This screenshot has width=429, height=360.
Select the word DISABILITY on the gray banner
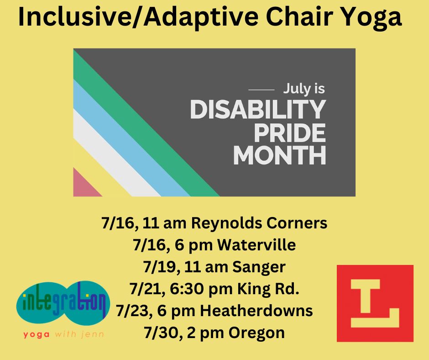pyautogui.click(x=258, y=109)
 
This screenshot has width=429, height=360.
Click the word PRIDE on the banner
pyautogui.click(x=290, y=133)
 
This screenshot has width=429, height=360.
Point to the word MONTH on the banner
pyautogui.click(x=279, y=155)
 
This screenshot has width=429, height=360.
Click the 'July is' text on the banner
pyautogui.click(x=304, y=89)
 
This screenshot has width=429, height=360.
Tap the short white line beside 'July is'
pyautogui.click(x=262, y=90)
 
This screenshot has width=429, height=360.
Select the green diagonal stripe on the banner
pyautogui.click(x=146, y=122)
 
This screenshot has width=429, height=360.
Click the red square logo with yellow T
pyautogui.click(x=375, y=303)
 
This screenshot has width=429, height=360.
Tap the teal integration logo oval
pyautogui.click(x=63, y=303)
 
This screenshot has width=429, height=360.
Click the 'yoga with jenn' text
pyautogui.click(x=64, y=334)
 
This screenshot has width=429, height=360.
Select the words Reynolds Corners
pyautogui.click(x=259, y=223)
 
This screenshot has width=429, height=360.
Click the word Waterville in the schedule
pyautogui.click(x=256, y=244)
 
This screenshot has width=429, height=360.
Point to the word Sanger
pyautogui.click(x=259, y=267)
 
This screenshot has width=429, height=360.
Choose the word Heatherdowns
pyautogui.click(x=256, y=310)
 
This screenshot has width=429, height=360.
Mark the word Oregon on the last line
pyautogui.click(x=256, y=333)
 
